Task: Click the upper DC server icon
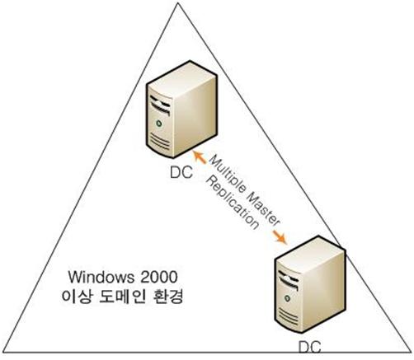181,110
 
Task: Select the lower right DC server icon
310,284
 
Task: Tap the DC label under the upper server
181,173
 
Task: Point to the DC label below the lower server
310,347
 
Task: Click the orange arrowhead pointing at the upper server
200,157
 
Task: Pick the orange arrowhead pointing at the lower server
280,237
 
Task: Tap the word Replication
233,203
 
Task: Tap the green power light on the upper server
158,124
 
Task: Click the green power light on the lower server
288,298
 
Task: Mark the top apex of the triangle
178,2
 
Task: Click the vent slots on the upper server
160,142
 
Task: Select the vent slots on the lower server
289,316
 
